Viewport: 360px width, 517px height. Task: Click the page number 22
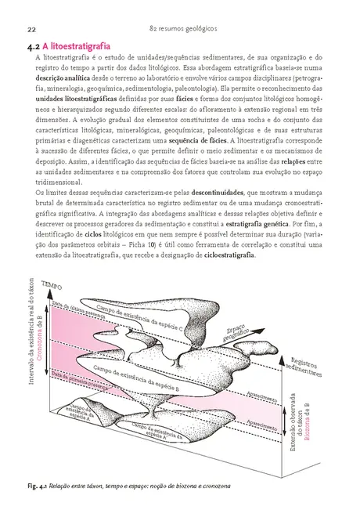tap(31, 29)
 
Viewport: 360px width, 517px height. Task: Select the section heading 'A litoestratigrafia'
tap(86, 48)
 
